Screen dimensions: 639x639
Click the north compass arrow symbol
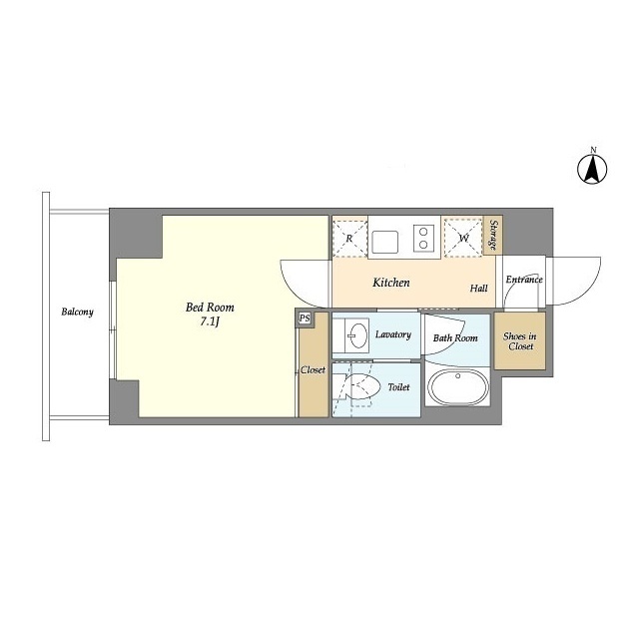[592, 169]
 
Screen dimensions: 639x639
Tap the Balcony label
[78, 312]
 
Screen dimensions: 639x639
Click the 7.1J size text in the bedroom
[210, 321]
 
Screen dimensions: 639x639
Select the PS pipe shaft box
[305, 319]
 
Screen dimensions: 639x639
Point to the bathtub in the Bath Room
[457, 387]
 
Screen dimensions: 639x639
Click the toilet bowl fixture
[362, 386]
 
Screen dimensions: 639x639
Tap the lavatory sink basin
[357, 335]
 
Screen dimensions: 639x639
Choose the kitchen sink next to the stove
[384, 242]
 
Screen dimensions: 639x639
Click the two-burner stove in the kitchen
[423, 238]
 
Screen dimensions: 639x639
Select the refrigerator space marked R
[349, 238]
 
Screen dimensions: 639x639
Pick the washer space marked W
[463, 238]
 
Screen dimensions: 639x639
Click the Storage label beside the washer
[493, 235]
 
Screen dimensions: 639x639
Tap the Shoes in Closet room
[520, 341]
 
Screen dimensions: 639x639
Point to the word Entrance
[524, 280]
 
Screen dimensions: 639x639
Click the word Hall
[479, 289]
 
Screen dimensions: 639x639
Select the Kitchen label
[391, 283]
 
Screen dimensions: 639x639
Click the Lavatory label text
[393, 334]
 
